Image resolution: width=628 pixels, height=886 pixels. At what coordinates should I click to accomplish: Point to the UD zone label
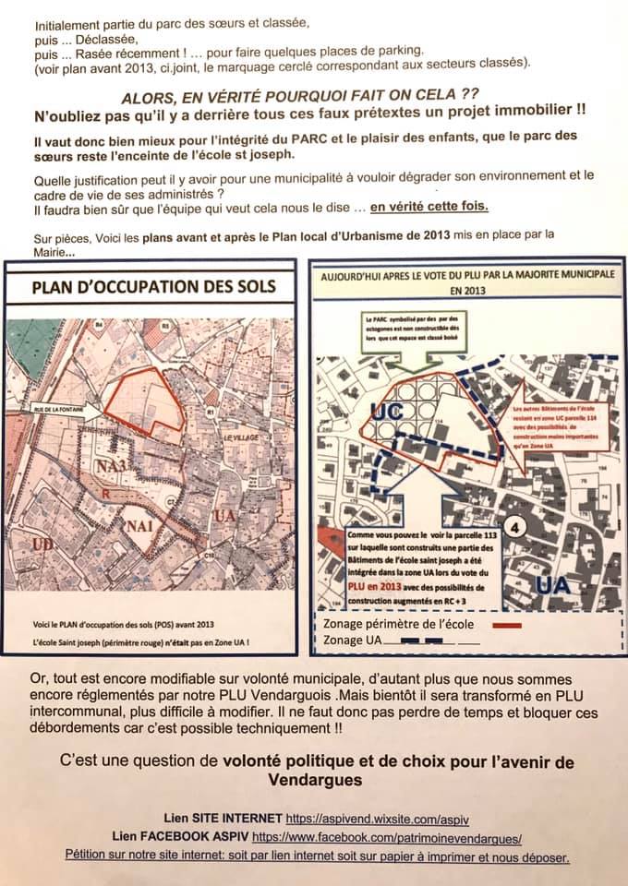(x=18, y=545)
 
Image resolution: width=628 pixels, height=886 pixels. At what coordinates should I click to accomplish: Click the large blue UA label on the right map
(x=553, y=585)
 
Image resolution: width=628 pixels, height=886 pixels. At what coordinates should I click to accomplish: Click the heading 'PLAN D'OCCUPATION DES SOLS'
(x=153, y=286)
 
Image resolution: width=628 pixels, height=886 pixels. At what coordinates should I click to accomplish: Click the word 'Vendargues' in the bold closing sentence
(x=314, y=781)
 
